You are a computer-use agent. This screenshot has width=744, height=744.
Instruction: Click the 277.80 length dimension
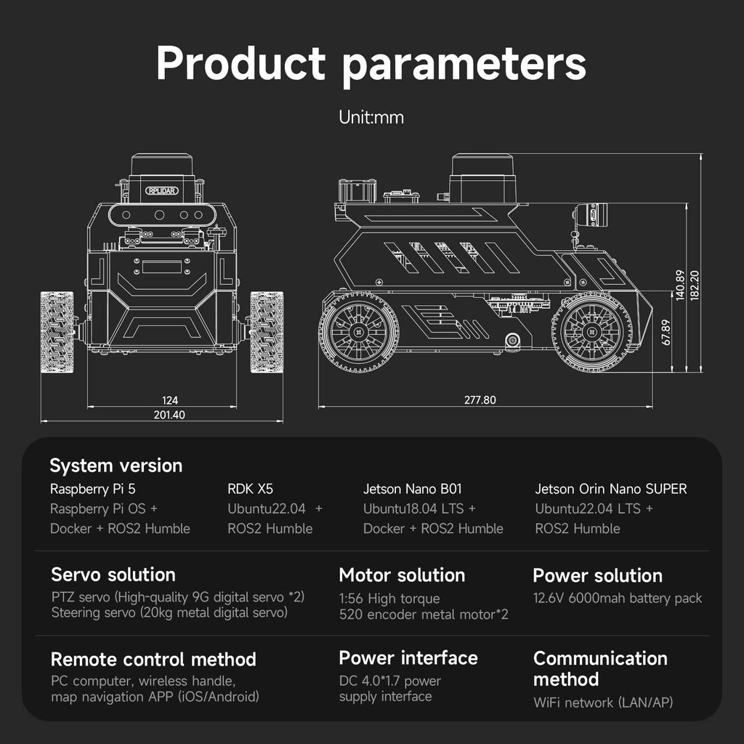click(x=480, y=400)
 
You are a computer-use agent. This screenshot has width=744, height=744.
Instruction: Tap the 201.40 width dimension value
click(x=169, y=415)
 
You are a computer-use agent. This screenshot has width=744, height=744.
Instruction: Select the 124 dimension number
click(x=170, y=400)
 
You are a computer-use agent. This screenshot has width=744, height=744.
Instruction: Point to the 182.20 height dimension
click(x=694, y=285)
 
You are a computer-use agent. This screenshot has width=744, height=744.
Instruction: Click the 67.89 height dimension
click(x=666, y=332)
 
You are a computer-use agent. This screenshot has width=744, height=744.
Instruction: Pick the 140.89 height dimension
click(x=680, y=285)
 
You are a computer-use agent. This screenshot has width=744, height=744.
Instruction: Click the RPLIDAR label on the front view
click(x=162, y=191)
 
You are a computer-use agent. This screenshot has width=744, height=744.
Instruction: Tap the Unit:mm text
click(x=371, y=117)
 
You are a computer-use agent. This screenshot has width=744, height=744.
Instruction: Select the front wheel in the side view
click(x=591, y=331)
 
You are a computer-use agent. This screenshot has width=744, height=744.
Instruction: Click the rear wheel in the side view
click(x=359, y=331)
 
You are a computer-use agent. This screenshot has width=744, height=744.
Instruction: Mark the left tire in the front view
click(x=57, y=332)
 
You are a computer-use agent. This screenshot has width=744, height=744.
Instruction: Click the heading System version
click(x=116, y=466)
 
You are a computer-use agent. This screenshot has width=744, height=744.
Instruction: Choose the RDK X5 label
click(x=250, y=489)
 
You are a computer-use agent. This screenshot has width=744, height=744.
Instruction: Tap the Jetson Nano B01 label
click(x=413, y=489)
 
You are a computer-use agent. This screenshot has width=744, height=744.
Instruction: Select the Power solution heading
click(x=597, y=575)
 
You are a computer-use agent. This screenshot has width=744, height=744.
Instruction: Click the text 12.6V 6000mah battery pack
click(x=618, y=598)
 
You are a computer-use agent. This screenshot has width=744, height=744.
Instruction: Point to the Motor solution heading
click(x=402, y=575)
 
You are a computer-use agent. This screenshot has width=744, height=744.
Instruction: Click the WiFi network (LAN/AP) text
click(x=603, y=703)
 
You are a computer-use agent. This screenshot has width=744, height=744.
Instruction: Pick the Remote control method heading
click(x=153, y=659)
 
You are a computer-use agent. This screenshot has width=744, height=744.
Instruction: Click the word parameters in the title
click(x=464, y=65)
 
